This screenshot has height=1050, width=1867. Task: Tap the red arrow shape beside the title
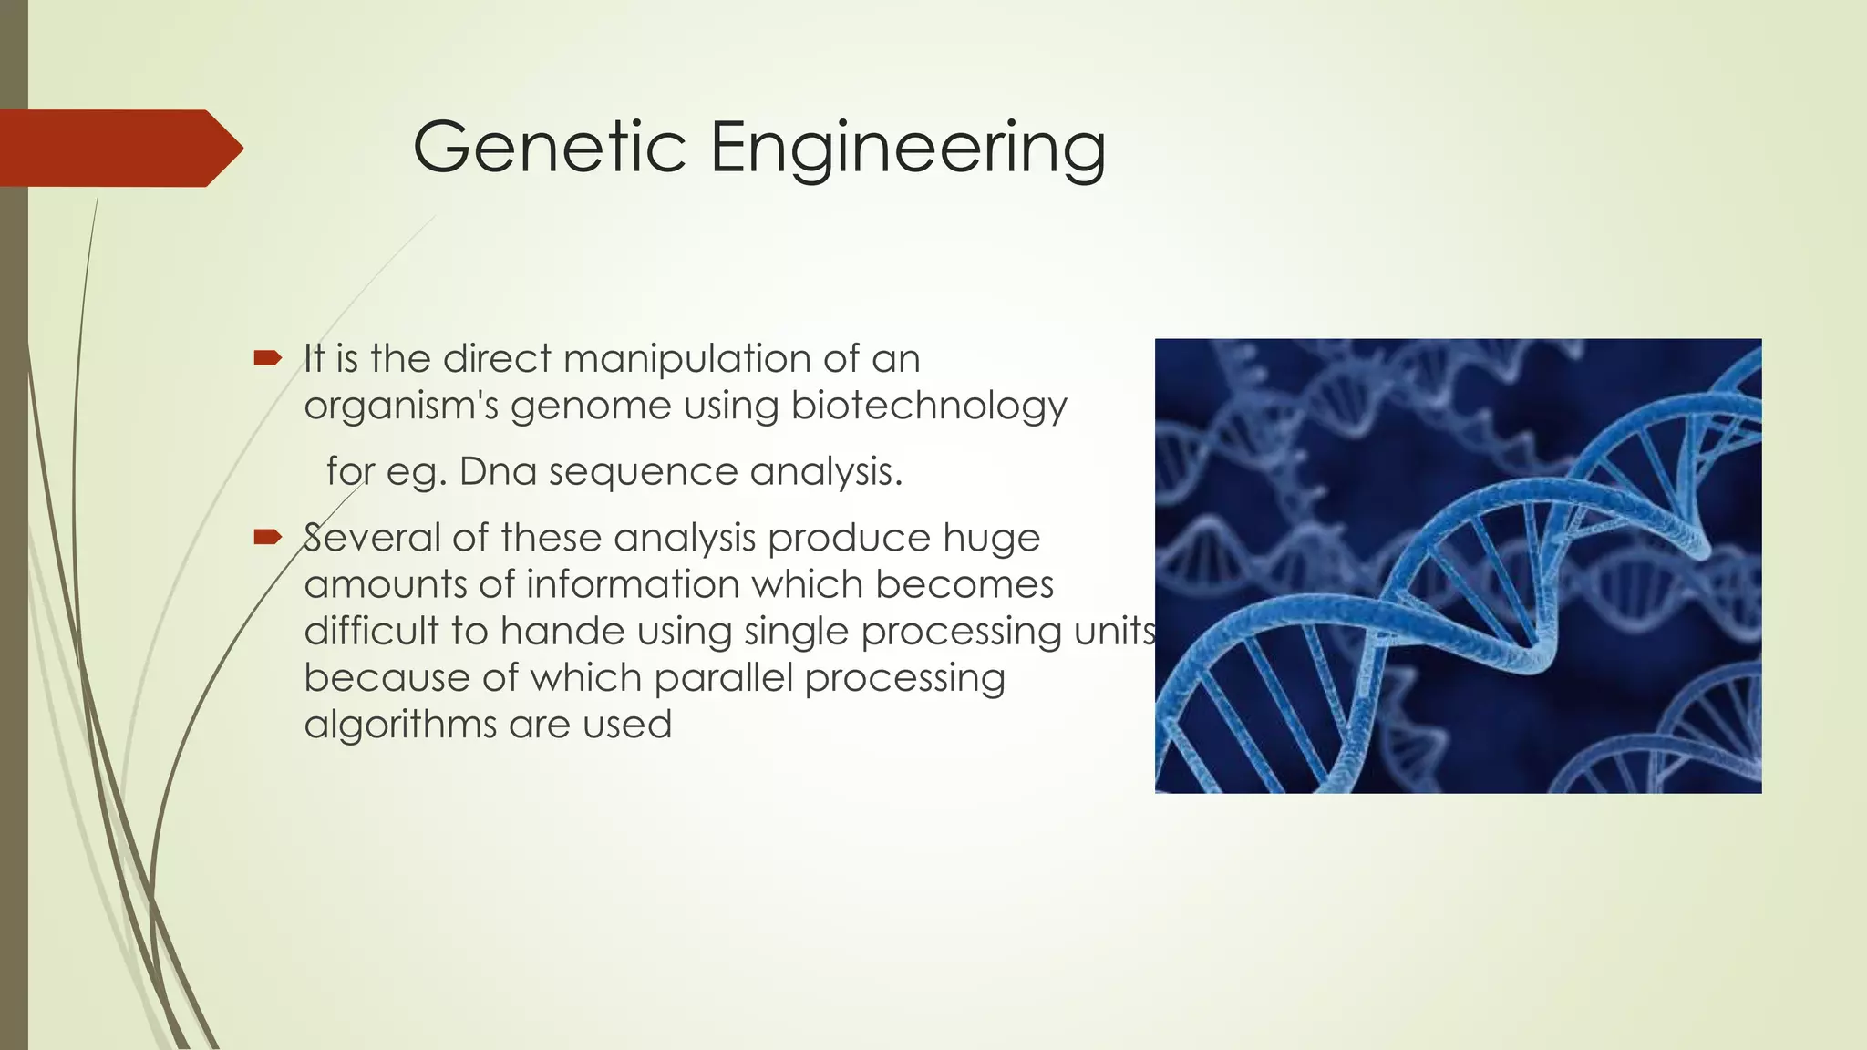(x=119, y=148)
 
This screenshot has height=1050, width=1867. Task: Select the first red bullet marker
(x=267, y=359)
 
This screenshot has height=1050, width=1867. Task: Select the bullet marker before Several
(x=267, y=537)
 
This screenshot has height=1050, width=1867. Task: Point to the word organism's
(x=401, y=407)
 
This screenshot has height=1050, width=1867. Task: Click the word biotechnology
(x=928, y=407)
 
